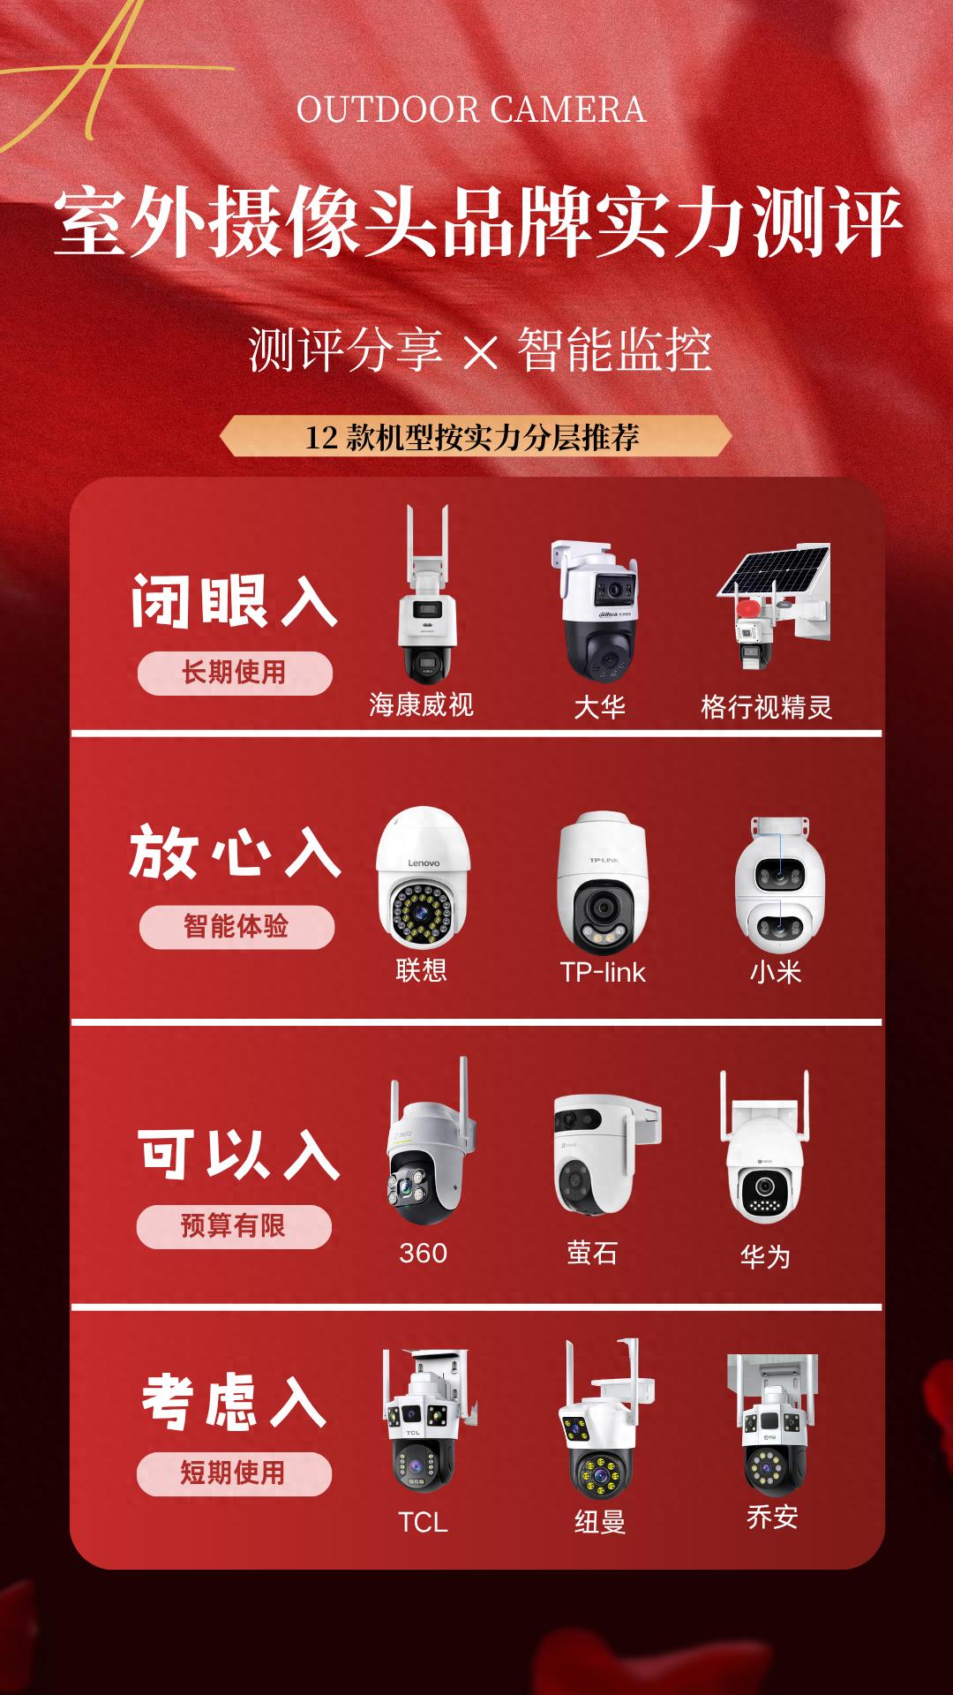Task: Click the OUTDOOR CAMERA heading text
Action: [x=471, y=110]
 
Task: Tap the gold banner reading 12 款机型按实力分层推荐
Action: [x=475, y=437]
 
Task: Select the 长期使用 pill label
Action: [x=235, y=673]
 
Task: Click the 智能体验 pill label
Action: [x=236, y=927]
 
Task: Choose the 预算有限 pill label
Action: [x=234, y=1226]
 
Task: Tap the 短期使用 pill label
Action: [x=234, y=1473]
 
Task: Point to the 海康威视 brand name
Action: [x=421, y=704]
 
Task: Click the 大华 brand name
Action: [x=599, y=707]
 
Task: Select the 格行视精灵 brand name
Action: [x=766, y=707]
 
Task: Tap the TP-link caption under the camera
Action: [x=603, y=972]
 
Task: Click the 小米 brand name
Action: [x=776, y=972]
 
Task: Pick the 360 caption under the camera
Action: [x=423, y=1253]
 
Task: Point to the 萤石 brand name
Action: [x=592, y=1253]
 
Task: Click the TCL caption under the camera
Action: [x=423, y=1522]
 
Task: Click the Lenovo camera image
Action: [x=423, y=878]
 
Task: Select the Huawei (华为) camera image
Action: [x=765, y=1148]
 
